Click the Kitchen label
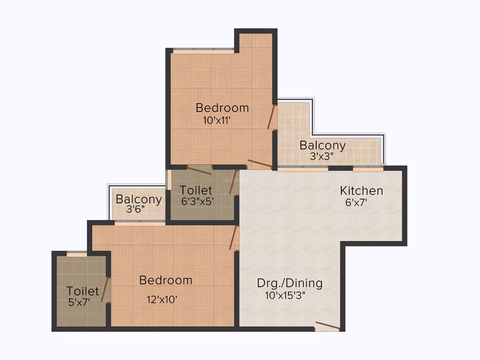pyautogui.click(x=362, y=191)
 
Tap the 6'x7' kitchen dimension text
pyautogui.click(x=356, y=202)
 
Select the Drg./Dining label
pyautogui.click(x=290, y=283)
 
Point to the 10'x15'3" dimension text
pyautogui.click(x=285, y=295)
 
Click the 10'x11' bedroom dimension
pyautogui.click(x=217, y=120)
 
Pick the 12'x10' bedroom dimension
pyautogui.click(x=162, y=300)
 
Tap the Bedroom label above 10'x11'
pyautogui.click(x=222, y=108)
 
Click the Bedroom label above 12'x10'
pyautogui.click(x=166, y=280)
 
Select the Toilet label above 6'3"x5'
pyautogui.click(x=196, y=190)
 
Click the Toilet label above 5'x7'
pyautogui.click(x=83, y=291)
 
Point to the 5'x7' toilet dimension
pyautogui.click(x=79, y=302)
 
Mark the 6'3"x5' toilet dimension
pyautogui.click(x=197, y=202)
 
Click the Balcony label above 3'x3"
pyautogui.click(x=323, y=145)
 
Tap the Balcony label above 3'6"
pyautogui.click(x=139, y=199)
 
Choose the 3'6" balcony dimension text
pyautogui.click(x=135, y=209)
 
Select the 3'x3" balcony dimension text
pyautogui.click(x=322, y=156)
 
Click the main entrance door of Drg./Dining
pyautogui.click(x=328, y=326)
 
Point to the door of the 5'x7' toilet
pyautogui.click(x=105, y=289)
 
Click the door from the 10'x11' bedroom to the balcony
pyautogui.click(x=271, y=117)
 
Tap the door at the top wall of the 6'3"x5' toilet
pyautogui.click(x=199, y=170)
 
